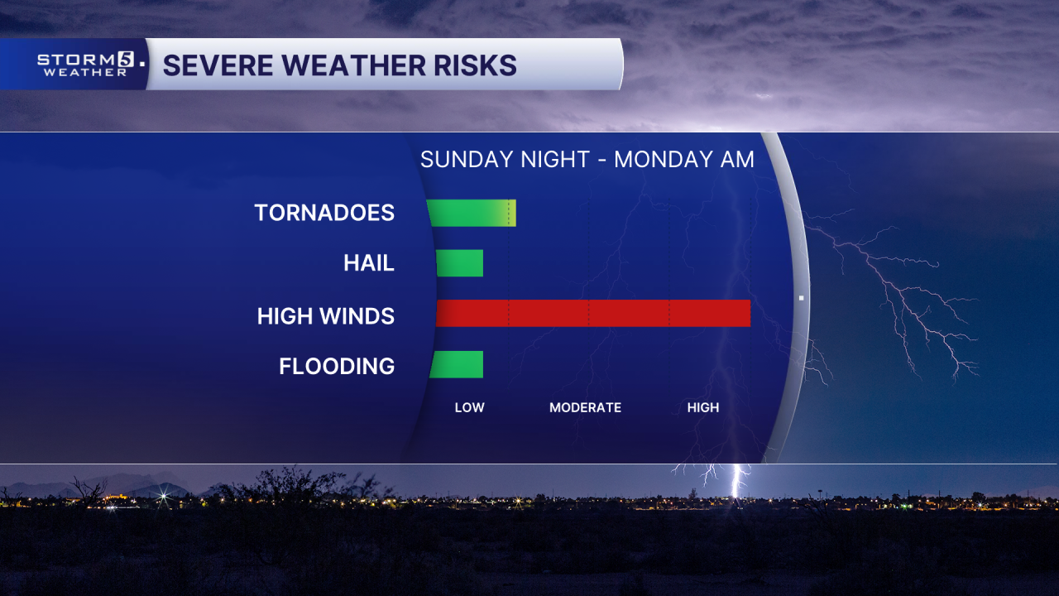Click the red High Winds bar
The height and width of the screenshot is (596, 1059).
(592, 314)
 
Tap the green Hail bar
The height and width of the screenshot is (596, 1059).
(459, 263)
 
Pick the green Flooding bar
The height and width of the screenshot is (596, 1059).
(456, 364)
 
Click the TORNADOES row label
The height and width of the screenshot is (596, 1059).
(324, 213)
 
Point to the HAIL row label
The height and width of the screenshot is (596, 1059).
(369, 263)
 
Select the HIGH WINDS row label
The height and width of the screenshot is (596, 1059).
(326, 315)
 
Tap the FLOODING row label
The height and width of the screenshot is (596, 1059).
(337, 366)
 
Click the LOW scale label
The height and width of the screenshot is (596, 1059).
(469, 407)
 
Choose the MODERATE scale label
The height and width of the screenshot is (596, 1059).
(585, 407)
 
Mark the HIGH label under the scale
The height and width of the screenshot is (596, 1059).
(703, 407)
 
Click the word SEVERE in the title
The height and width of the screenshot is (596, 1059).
(213, 65)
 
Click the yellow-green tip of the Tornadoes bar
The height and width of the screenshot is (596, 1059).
(511, 213)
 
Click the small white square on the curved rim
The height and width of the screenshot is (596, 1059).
(801, 297)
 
